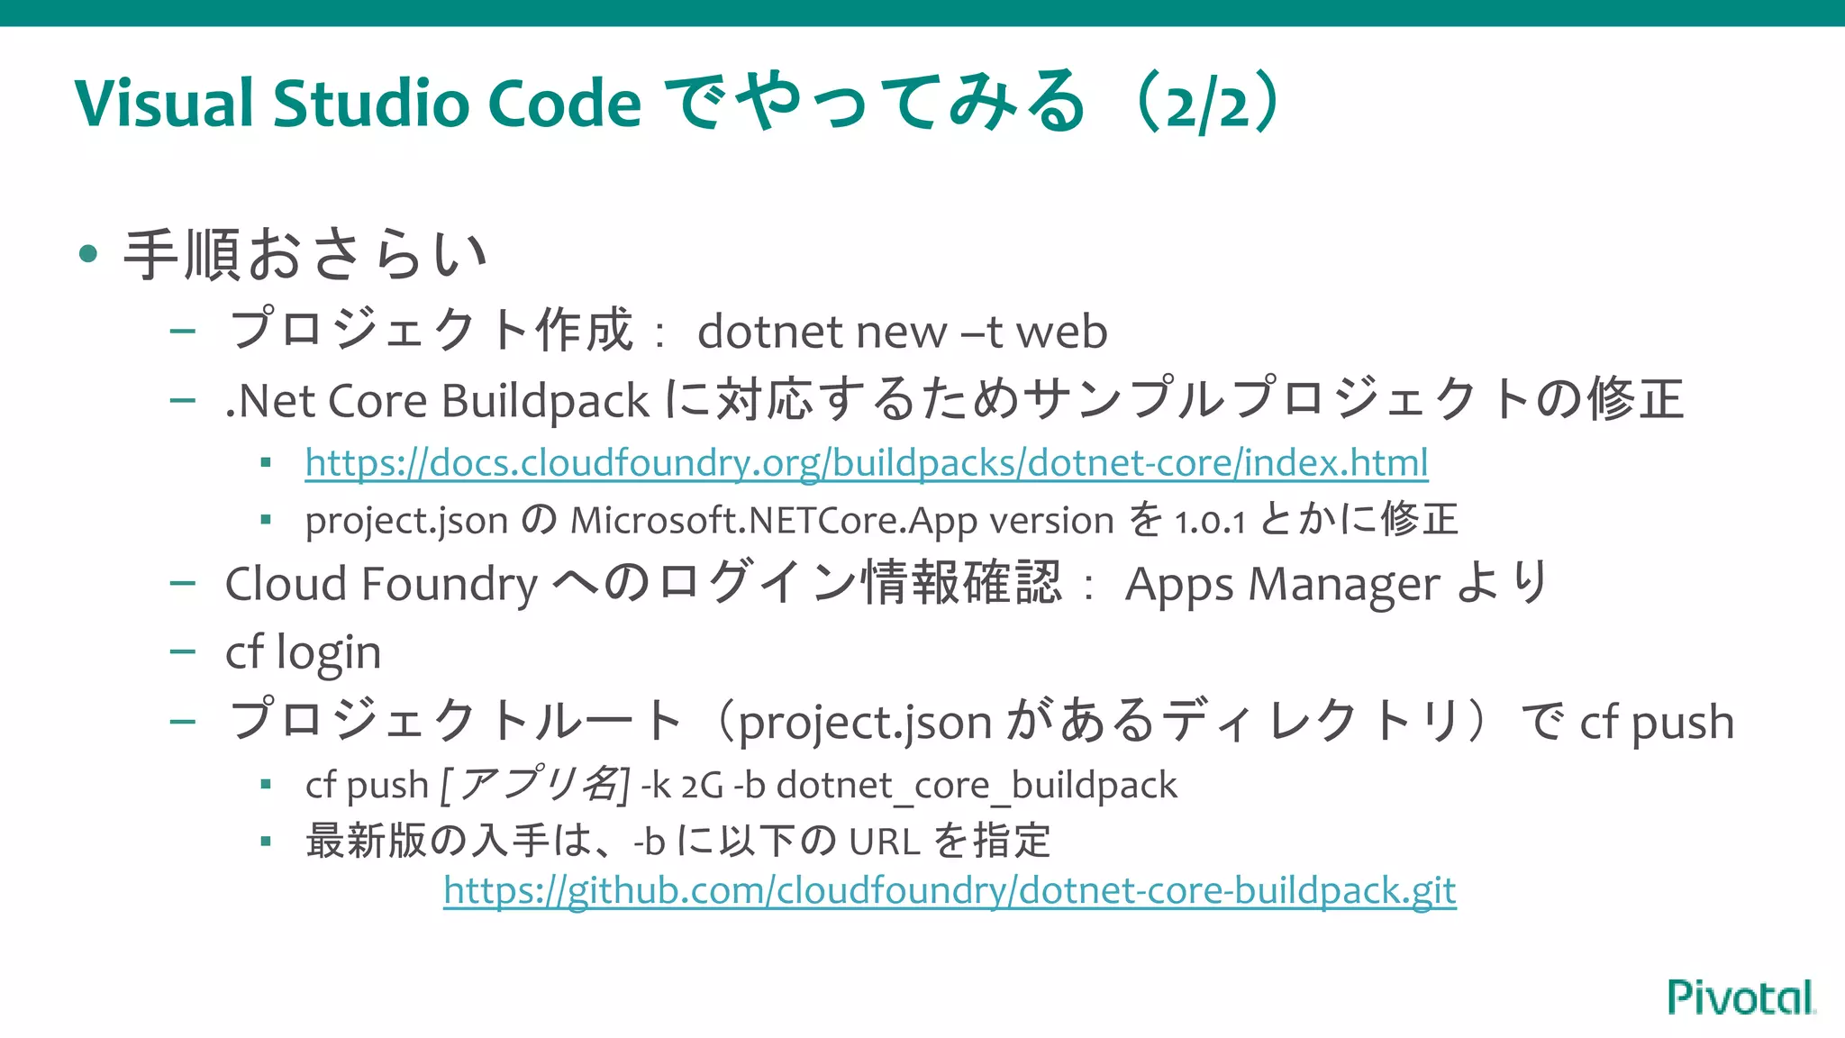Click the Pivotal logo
pyautogui.click(x=1740, y=997)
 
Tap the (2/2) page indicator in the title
pyautogui.click(x=1207, y=103)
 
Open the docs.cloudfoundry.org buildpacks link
pyautogui.click(x=866, y=463)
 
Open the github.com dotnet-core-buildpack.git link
pyautogui.click(x=950, y=891)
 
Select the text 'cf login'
pyautogui.click(x=303, y=652)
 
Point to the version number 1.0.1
pyautogui.click(x=1210, y=521)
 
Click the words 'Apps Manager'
pyautogui.click(x=1282, y=584)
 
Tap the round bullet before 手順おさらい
pyautogui.click(x=87, y=254)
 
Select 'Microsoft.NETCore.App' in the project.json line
pyautogui.click(x=774, y=521)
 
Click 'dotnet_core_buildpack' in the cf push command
pyautogui.click(x=977, y=786)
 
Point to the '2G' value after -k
pyautogui.click(x=702, y=786)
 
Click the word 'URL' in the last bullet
pyautogui.click(x=885, y=842)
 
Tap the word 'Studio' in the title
pyautogui.click(x=370, y=103)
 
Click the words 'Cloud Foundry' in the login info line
pyautogui.click(x=381, y=584)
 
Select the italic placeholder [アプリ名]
pyautogui.click(x=534, y=784)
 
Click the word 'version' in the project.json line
pyautogui.click(x=1051, y=521)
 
